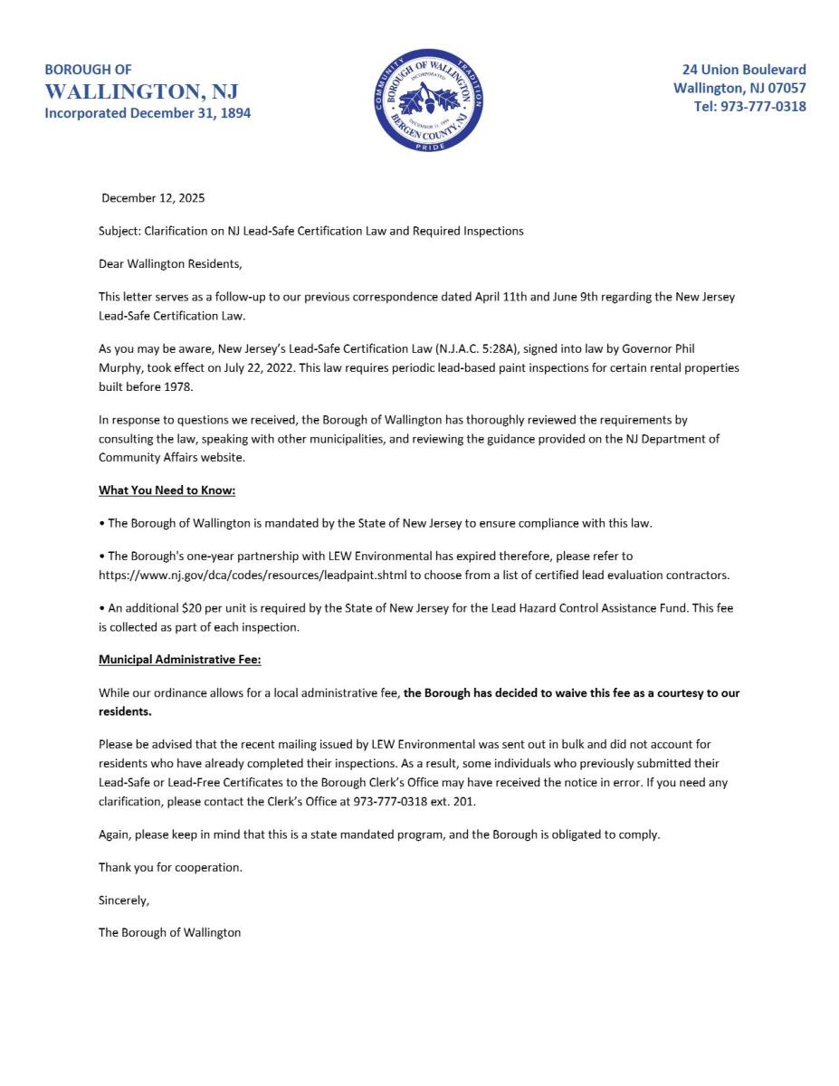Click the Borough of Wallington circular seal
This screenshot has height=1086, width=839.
coord(428,100)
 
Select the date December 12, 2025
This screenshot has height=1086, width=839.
coord(154,198)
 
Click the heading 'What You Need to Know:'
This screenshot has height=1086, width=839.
coord(167,491)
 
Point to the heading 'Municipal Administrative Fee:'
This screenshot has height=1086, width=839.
coord(179,660)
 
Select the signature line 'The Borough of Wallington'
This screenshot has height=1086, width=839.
coord(169,932)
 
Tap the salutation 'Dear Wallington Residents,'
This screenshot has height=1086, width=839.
coord(170,264)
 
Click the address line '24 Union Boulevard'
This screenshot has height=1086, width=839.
coord(743,70)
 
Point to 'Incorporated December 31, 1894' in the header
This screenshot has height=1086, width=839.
coord(148,113)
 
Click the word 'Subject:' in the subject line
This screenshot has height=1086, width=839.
coord(120,231)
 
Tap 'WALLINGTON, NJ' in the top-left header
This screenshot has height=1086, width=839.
coord(141,91)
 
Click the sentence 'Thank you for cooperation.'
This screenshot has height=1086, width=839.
coord(170,867)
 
